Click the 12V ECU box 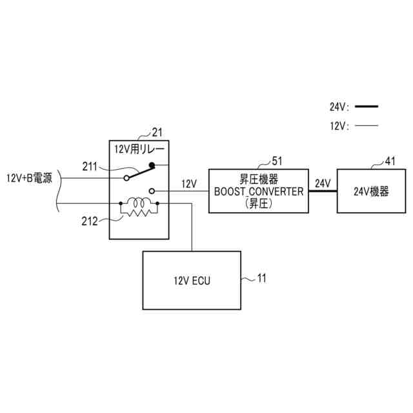click(192, 281)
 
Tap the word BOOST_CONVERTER click(259, 191)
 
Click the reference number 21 click(157, 133)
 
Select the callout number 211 click(90, 167)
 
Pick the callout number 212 click(90, 221)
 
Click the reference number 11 click(261, 278)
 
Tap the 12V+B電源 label click(29, 179)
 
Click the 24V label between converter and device click(323, 184)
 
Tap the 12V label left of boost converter click(189, 184)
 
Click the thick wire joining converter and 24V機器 click(323, 192)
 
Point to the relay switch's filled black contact click(153, 165)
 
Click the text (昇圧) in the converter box click(259, 202)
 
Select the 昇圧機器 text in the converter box click(259, 180)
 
